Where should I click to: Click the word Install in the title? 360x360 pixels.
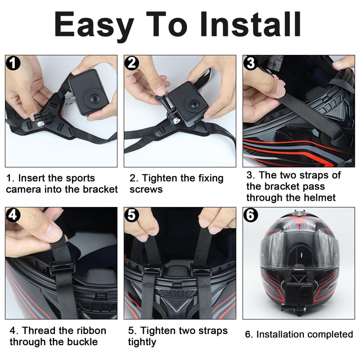pos(251,24)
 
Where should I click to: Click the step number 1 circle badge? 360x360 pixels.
pos(13,63)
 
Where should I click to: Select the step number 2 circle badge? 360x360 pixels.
pos(132,63)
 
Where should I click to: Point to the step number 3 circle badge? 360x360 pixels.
pos(251,63)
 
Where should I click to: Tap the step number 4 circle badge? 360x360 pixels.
pos(13,215)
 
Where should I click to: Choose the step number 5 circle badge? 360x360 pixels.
pos(132,215)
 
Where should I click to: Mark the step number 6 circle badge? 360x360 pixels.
pos(251,215)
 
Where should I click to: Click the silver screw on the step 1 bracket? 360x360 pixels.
pos(39,123)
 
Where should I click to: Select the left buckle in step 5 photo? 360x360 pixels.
pos(152,270)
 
